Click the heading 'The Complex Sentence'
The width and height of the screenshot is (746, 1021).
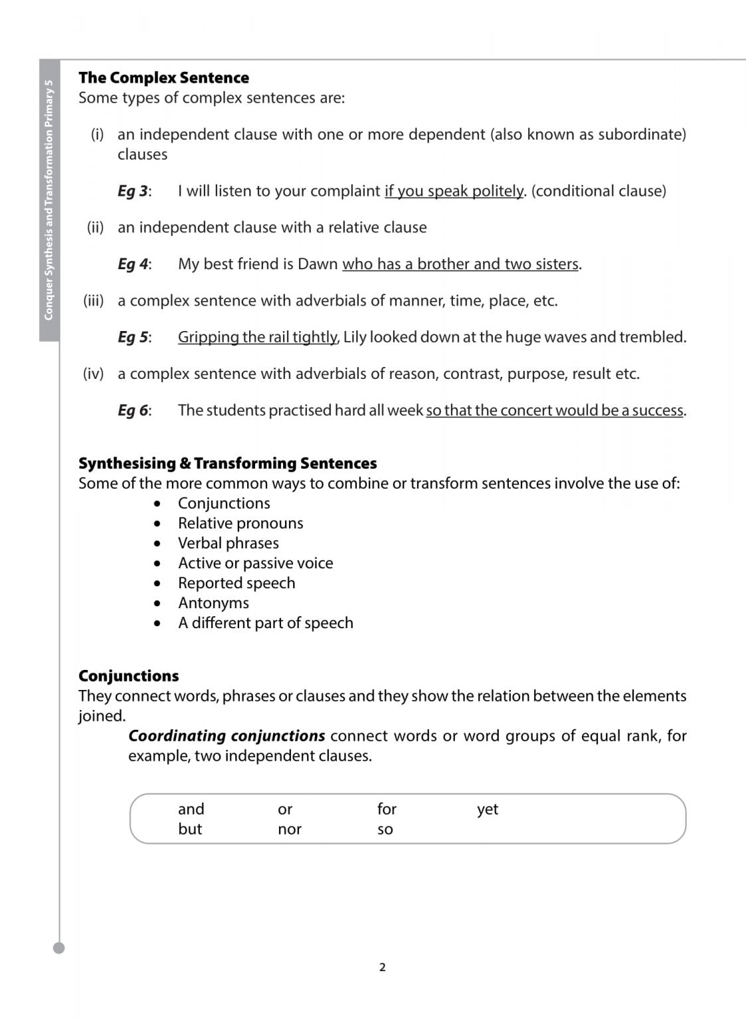[x=163, y=78]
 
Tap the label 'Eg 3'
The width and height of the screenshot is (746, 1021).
[x=133, y=191]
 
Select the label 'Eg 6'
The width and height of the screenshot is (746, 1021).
[x=133, y=411]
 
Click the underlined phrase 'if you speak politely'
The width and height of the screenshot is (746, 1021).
[x=454, y=191]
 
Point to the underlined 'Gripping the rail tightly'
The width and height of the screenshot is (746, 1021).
[x=257, y=337]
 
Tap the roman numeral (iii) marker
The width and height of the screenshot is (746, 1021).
[x=94, y=300]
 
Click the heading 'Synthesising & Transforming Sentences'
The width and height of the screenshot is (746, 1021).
[x=227, y=463]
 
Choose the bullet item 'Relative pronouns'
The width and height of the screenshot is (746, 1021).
[x=240, y=523]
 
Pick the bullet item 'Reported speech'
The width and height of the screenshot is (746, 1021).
[x=236, y=583]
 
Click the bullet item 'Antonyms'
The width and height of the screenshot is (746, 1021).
[x=213, y=603]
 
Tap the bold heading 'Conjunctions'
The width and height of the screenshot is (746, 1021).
[x=128, y=676]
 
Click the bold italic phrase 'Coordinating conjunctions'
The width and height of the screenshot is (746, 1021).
[x=227, y=736]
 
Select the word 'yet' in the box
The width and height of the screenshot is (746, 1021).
[x=488, y=810]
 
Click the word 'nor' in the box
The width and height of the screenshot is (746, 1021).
[x=290, y=830]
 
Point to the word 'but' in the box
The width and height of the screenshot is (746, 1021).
[x=190, y=830]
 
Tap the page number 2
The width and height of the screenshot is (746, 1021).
[x=382, y=967]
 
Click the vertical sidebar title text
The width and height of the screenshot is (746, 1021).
[x=48, y=199]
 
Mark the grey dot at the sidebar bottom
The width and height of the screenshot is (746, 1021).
[x=59, y=948]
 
